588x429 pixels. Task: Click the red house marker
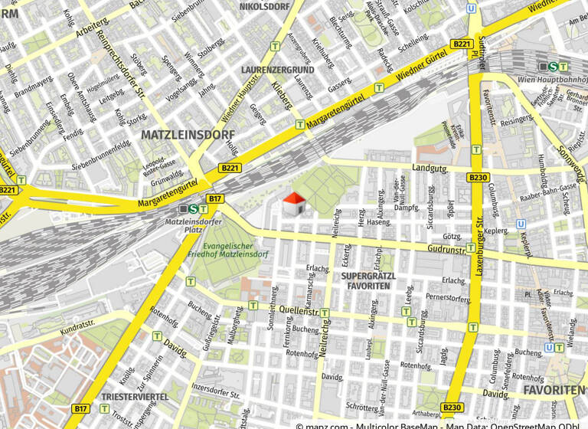[295, 204]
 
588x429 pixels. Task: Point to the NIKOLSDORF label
[264, 7]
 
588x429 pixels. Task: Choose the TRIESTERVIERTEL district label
[135, 397]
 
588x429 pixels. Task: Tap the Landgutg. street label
[429, 167]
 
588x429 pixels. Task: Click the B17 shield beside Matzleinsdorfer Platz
[215, 199]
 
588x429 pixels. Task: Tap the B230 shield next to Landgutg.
[477, 178]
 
